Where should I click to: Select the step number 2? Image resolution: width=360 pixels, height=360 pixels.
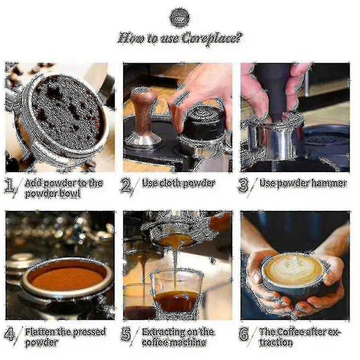click(x=127, y=186)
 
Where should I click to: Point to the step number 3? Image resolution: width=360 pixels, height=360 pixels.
click(x=243, y=185)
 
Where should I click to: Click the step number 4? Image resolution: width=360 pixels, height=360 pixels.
click(x=11, y=334)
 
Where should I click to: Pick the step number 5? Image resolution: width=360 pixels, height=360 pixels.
click(x=127, y=334)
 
